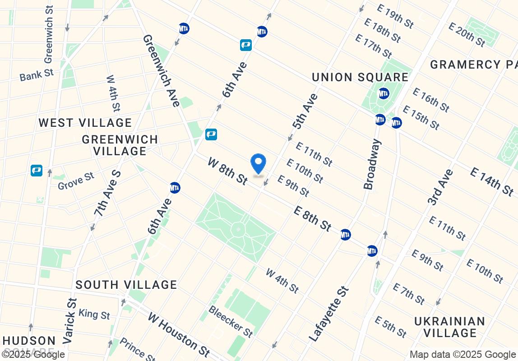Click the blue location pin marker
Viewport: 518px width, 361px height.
pos(258,164)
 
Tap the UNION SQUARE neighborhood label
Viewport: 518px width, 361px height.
pos(360,77)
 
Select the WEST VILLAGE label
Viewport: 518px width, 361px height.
pos(85,123)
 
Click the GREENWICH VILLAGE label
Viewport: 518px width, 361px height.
pos(120,145)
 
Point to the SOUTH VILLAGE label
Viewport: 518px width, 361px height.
pos(126,285)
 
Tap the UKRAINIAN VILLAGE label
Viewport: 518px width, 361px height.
pos(450,327)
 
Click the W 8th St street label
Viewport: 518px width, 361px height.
pos(228,171)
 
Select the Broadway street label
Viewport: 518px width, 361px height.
pos(373,164)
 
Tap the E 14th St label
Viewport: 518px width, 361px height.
pos(491,181)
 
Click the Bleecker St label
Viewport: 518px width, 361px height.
pos(231,322)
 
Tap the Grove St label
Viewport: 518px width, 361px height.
pos(76,180)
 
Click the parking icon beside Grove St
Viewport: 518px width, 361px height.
pos(37,171)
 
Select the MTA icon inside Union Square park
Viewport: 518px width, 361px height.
pos(384,93)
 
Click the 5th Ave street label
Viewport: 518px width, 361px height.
pos(305,111)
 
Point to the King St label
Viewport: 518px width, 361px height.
pos(94,314)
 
